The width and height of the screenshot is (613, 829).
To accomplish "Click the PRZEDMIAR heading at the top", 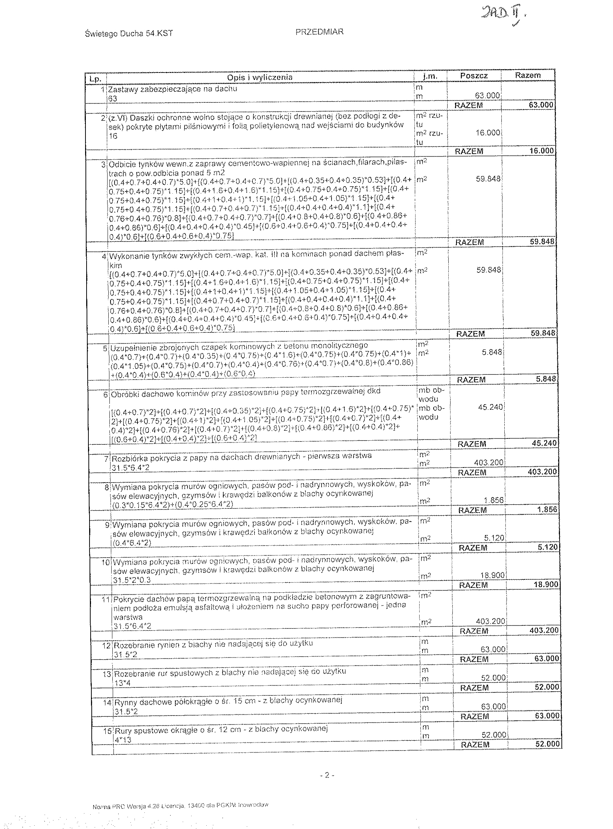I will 319,32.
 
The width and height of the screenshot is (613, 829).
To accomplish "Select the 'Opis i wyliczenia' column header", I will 260,77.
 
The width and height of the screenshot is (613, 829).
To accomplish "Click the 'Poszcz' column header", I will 474,75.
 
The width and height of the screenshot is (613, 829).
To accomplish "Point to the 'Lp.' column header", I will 96,79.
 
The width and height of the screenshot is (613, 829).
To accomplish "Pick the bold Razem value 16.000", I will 542,151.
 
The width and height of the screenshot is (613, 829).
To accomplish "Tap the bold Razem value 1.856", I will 547,510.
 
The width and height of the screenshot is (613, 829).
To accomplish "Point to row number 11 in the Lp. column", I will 107,600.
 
